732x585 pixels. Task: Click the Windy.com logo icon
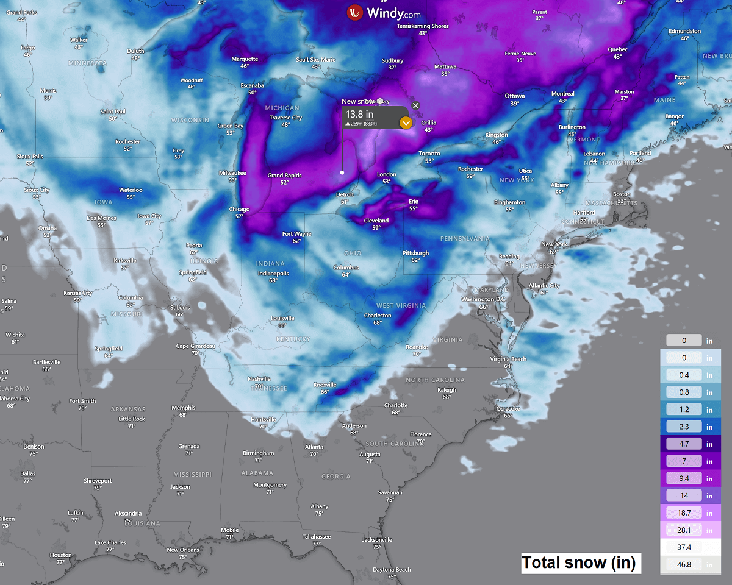tap(354, 13)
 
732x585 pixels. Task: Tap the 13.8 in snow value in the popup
tap(360, 114)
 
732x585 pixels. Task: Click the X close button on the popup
tap(415, 105)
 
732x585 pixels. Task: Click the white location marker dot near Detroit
tap(342, 172)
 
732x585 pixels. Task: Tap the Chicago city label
tap(239, 209)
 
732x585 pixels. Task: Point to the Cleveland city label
tap(376, 221)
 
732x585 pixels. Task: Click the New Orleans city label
tap(183, 550)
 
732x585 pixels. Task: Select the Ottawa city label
tap(515, 96)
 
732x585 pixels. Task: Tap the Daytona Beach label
tap(392, 570)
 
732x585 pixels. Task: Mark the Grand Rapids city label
tap(285, 175)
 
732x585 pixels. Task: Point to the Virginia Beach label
tap(508, 359)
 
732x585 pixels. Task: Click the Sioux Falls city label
tap(30, 157)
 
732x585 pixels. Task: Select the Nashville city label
tap(259, 379)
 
